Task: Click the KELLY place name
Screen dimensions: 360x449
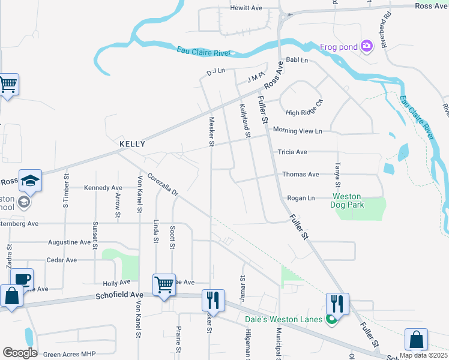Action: tap(132, 145)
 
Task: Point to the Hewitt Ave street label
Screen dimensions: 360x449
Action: tap(247, 8)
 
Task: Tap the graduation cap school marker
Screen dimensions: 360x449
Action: tap(30, 180)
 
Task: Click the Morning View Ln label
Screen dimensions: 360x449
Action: tap(297, 131)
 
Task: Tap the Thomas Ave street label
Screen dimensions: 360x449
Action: tap(300, 175)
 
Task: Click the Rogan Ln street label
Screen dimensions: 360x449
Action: tap(301, 198)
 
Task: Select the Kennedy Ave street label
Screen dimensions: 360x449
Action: tap(103, 188)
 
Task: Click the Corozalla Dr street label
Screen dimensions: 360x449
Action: tap(163, 185)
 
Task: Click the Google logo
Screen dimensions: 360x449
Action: tap(20, 352)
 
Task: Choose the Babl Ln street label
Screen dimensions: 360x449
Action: tap(297, 61)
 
